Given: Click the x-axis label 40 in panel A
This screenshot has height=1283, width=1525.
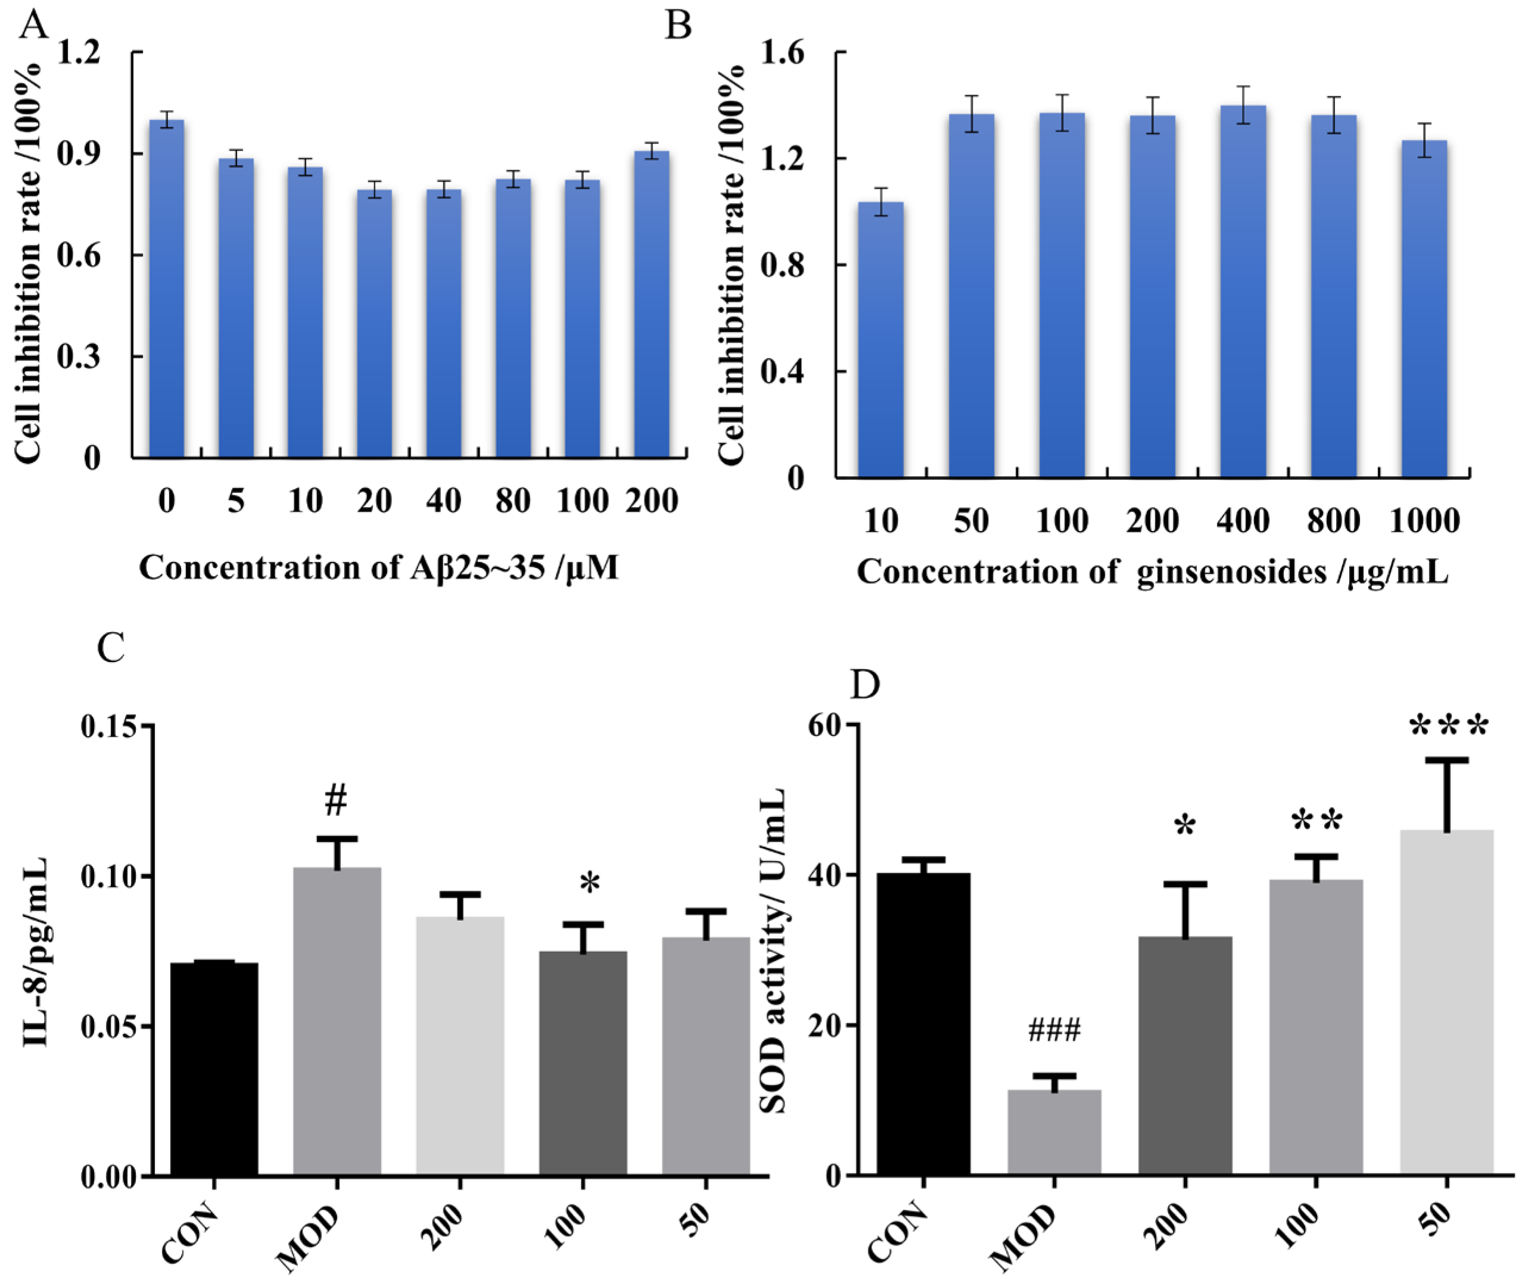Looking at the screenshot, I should click(443, 501).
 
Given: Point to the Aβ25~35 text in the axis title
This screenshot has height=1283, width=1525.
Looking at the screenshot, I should click(477, 568).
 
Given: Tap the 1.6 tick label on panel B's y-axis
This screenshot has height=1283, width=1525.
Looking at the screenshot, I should click(782, 54).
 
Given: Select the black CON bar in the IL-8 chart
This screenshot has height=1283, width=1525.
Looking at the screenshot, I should click(214, 1068).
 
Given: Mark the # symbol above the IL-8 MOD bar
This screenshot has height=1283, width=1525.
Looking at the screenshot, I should click(336, 801).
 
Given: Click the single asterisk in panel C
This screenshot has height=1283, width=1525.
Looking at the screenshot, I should click(590, 884).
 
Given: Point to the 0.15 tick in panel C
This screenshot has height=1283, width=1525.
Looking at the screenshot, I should click(109, 726).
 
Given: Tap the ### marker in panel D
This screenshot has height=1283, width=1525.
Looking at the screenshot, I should click(1054, 1030).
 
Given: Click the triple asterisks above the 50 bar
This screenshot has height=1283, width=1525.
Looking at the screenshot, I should click(1448, 725).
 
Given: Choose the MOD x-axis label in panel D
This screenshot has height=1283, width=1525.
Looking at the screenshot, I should click(1025, 1237).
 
